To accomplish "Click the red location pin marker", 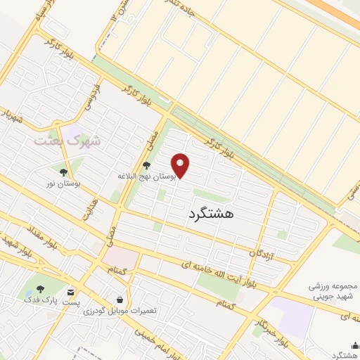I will click(181, 166).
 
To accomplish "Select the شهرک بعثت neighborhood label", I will click(68, 141).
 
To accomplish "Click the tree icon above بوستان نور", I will click(63, 172).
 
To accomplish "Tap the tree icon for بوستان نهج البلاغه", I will click(146, 166).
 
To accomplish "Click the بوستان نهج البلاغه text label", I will click(147, 178).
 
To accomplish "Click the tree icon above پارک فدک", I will click(40, 289).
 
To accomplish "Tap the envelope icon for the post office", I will click(70, 291).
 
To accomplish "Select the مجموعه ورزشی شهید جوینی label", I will click(334, 291).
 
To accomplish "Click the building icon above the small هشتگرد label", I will click(355, 345).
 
